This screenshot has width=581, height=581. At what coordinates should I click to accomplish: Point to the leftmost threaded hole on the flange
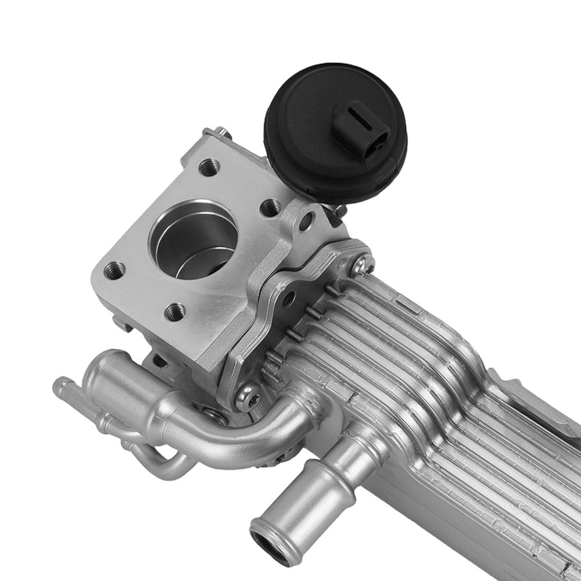click(114, 270)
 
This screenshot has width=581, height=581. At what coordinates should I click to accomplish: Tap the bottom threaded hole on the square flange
click(175, 312)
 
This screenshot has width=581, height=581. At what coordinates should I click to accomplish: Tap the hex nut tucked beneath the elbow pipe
click(217, 415)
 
